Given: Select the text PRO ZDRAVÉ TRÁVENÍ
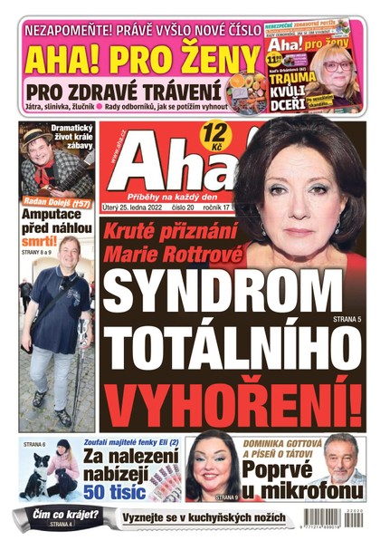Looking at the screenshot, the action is pos(123,92).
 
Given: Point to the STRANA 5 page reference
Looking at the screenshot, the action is pos(346,320).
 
